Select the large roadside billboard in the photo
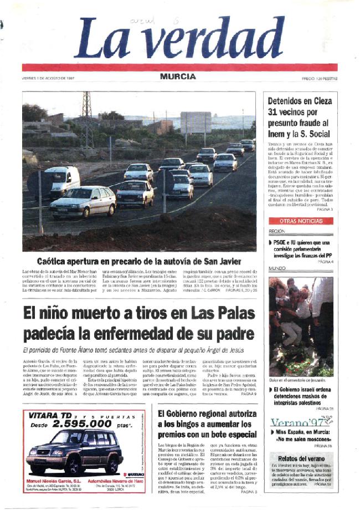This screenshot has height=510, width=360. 196,122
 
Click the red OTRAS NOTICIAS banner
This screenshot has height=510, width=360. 301,221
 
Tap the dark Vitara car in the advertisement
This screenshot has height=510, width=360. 72,452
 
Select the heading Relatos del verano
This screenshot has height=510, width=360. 300,458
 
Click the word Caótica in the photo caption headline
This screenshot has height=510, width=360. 57,261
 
